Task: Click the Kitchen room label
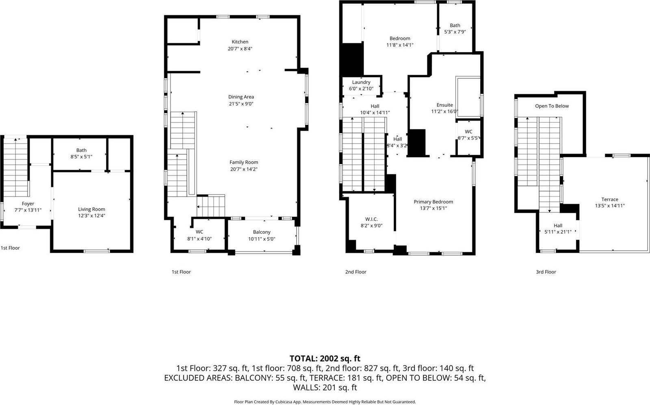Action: [x=240, y=42]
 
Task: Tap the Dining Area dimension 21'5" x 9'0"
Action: [x=241, y=104]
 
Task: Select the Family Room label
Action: [x=244, y=162]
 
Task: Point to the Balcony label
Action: [x=262, y=232]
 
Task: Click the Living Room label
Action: [x=91, y=209]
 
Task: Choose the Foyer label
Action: [x=28, y=204]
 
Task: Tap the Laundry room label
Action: [x=361, y=82]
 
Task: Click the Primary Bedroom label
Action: [x=433, y=201]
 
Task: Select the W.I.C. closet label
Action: [x=371, y=219]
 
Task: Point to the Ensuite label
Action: [x=444, y=105]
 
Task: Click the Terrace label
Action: [x=610, y=199]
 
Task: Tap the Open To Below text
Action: [x=552, y=106]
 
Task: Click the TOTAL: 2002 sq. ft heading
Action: [x=325, y=358]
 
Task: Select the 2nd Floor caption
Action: [x=355, y=272]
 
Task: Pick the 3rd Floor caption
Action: [x=546, y=272]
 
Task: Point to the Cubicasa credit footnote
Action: [x=325, y=402]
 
